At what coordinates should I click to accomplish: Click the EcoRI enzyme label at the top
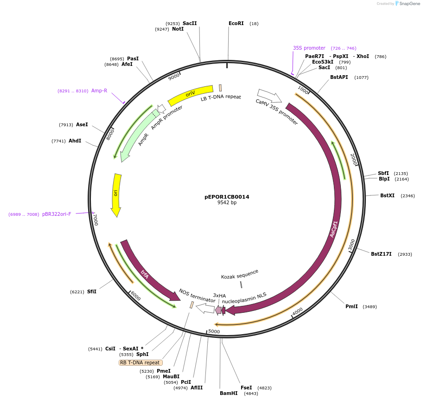(x=236, y=23)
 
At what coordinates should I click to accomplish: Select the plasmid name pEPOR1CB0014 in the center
(x=227, y=197)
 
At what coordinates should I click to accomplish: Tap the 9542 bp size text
(x=227, y=203)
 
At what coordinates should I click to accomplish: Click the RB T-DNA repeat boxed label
(x=141, y=362)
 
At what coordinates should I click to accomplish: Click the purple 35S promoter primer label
(x=309, y=48)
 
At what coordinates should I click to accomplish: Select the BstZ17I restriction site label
(x=381, y=254)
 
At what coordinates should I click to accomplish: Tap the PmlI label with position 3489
(x=352, y=306)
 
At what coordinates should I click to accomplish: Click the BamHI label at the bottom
(x=229, y=393)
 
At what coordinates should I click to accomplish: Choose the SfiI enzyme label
(x=91, y=291)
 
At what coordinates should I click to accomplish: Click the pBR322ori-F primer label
(x=57, y=214)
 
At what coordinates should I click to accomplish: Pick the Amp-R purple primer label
(x=99, y=91)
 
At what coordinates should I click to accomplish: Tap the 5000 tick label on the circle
(x=214, y=331)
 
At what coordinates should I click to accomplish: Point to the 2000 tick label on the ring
(x=353, y=159)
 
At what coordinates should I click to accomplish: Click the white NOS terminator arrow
(x=205, y=308)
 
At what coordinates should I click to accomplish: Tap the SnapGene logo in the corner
(x=407, y=3)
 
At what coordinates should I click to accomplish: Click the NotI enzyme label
(x=178, y=29)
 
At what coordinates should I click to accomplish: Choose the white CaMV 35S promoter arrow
(x=269, y=96)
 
